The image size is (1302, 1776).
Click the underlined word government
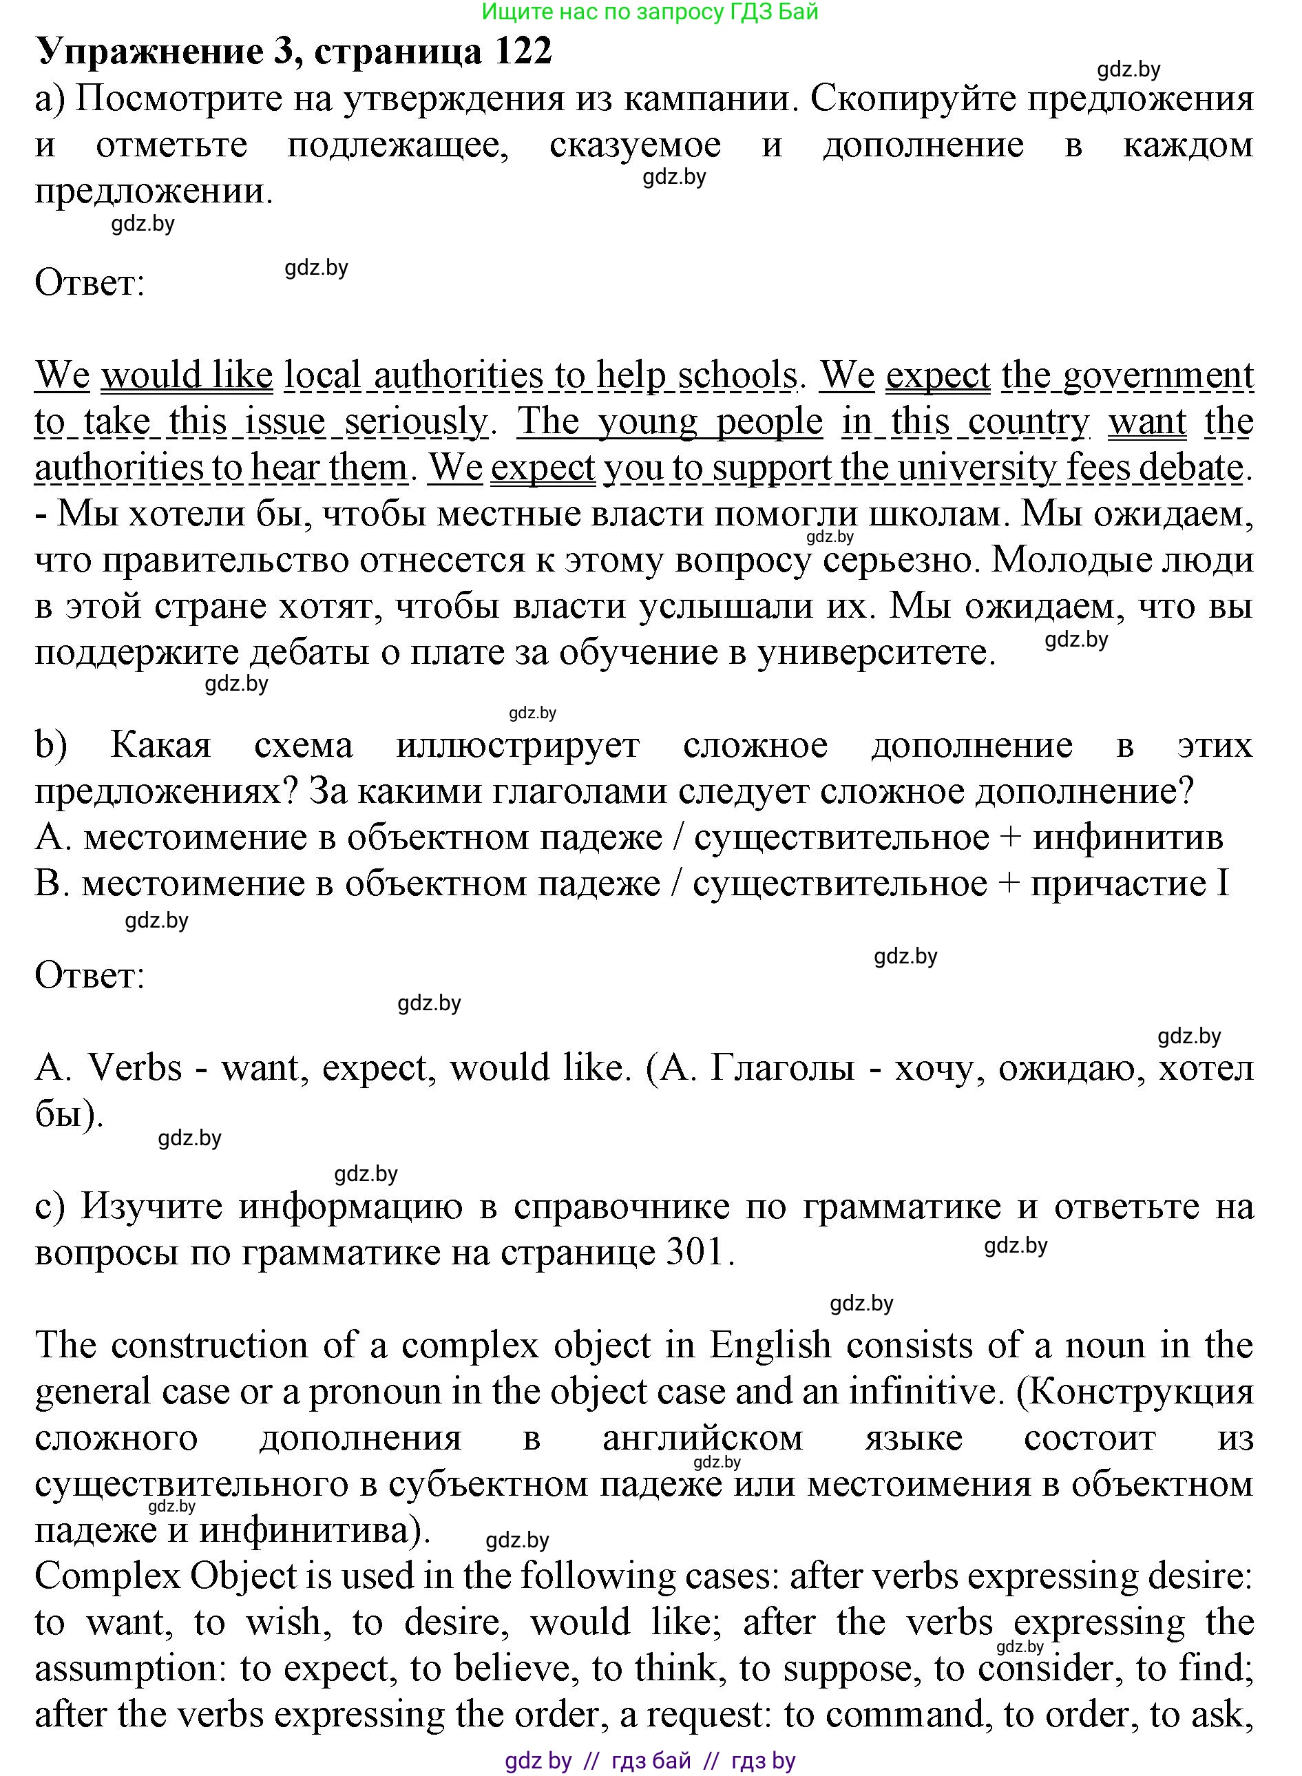coord(1158,375)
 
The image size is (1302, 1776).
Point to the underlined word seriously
coord(416,421)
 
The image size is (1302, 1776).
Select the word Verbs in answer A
coord(135,1067)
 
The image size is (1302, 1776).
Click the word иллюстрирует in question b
coord(518,745)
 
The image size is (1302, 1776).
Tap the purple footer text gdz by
coord(538,1760)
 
